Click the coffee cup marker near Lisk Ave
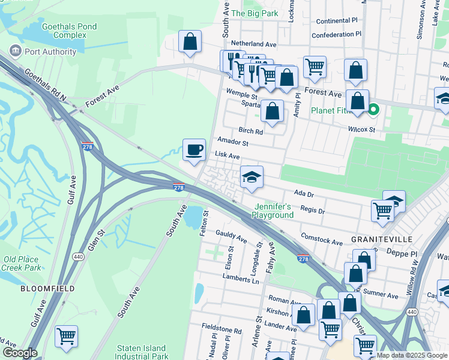(194, 150)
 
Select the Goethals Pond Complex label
(64, 31)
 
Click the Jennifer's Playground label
(272, 211)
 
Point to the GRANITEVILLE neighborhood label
(382, 239)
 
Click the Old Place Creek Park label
(22, 263)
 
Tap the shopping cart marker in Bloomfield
(66, 336)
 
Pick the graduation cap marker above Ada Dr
(252, 177)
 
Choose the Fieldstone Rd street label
(221, 331)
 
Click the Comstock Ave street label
(322, 240)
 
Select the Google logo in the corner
(19, 353)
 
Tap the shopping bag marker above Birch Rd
(273, 111)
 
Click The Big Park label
(255, 13)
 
